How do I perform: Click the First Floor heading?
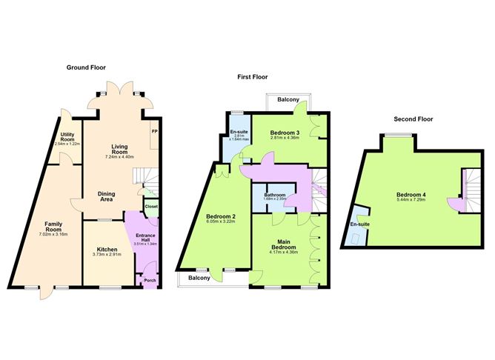[x=253, y=76]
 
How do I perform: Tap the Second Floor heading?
[x=413, y=119]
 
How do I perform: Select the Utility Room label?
[x=68, y=138]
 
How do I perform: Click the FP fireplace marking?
[x=154, y=132]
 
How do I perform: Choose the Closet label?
[x=151, y=207]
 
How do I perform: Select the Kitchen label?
[x=107, y=250]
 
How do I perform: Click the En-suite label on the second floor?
[x=359, y=224]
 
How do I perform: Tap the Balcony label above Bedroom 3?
[x=288, y=99]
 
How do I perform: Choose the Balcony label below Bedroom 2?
[x=199, y=279]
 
